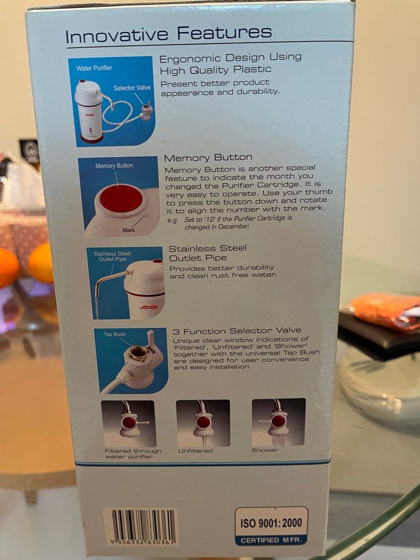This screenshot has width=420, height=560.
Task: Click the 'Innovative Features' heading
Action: tap(169, 34)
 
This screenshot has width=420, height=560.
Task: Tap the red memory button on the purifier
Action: tap(121, 198)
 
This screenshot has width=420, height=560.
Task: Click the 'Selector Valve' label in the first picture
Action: tap(132, 88)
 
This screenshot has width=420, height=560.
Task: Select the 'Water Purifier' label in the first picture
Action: tap(94, 68)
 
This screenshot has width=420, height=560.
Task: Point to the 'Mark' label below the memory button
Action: tap(129, 230)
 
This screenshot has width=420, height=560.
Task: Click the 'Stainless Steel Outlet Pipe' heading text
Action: tap(208, 253)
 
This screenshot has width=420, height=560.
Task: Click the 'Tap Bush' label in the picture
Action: tap(115, 334)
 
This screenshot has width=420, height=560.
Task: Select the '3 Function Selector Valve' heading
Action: tap(237, 331)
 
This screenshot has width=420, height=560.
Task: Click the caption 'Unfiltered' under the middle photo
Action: tap(195, 451)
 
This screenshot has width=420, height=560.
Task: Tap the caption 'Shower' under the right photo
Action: tap(265, 450)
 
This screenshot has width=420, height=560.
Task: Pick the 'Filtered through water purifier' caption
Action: tap(133, 454)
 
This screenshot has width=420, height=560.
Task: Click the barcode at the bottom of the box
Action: tap(142, 527)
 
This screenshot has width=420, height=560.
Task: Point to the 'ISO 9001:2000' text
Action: tap(271, 523)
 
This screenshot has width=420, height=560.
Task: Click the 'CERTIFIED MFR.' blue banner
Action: tap(271, 540)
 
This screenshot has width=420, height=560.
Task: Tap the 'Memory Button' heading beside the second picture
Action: tap(208, 158)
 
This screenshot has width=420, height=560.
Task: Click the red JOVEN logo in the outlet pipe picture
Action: tap(149, 307)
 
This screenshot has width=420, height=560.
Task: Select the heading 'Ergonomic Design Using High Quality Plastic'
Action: tap(230, 64)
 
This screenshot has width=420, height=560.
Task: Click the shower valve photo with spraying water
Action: tap(278, 422)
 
